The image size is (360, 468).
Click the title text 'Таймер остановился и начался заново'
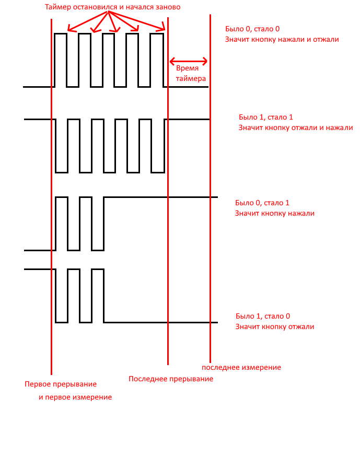(112, 7)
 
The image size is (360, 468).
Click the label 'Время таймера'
(191, 74)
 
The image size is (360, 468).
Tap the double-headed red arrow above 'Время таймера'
(188, 62)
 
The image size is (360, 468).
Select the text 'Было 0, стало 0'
(252, 29)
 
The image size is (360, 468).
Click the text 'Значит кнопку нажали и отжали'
(282, 39)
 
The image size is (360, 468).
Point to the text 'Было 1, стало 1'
(266, 117)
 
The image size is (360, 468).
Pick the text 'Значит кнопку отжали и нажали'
(296, 128)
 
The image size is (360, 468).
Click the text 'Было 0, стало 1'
(262, 203)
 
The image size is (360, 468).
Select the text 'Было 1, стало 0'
(263, 316)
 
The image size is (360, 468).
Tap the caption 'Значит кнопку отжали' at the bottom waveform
(275, 327)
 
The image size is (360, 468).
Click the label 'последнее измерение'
(241, 367)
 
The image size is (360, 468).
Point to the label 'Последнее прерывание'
(171, 379)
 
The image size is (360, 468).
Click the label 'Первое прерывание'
(61, 384)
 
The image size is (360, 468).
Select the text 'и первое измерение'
(75, 397)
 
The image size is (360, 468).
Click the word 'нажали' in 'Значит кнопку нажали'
(301, 214)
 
